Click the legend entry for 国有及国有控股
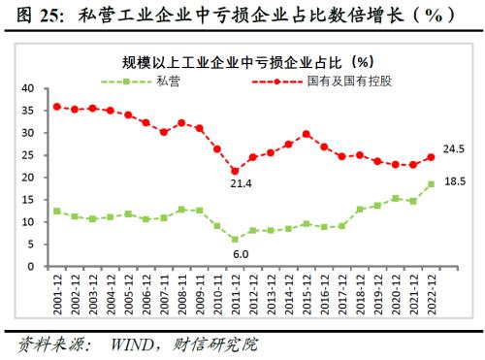343,81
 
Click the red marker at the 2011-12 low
234,171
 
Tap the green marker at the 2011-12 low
234,239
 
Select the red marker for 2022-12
429,157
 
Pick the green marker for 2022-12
429,183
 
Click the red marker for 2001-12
58,107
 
